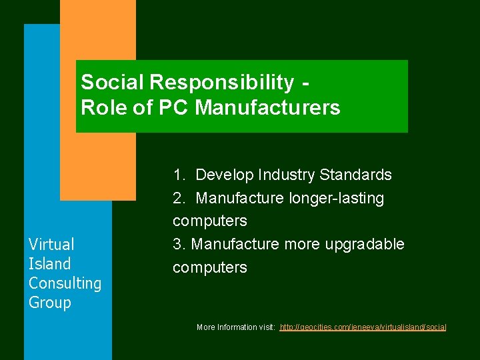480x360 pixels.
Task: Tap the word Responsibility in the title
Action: tap(221, 83)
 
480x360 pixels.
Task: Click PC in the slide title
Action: tap(177, 107)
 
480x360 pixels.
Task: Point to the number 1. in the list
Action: tap(179, 175)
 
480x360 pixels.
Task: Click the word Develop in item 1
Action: tap(223, 175)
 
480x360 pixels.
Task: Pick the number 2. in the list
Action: tap(179, 199)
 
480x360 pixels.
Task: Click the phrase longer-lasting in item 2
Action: tap(337, 199)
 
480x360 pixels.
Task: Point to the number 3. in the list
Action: tap(179, 245)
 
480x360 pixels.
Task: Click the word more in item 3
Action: tap(300, 245)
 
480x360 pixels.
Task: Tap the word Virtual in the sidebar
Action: tap(51, 245)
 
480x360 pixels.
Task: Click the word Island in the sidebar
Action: tap(49, 264)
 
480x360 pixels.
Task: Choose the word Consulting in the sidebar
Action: tap(65, 283)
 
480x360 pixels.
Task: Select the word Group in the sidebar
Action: tap(49, 303)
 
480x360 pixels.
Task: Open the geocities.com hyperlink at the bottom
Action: tap(363, 327)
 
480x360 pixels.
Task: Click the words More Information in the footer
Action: tap(226, 327)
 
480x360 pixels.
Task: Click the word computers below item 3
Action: tap(209, 268)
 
